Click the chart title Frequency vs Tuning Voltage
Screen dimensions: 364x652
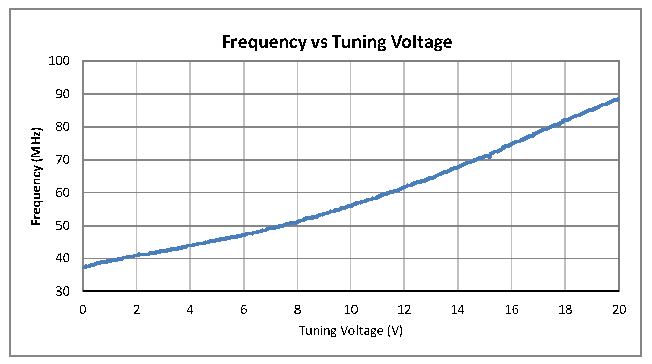[337, 42]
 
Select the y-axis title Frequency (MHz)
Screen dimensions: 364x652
[36, 176]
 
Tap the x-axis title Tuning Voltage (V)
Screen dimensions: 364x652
[350, 331]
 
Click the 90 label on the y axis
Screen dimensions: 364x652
[71, 94]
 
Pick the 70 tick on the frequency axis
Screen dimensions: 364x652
[71, 160]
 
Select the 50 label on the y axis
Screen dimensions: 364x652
[71, 226]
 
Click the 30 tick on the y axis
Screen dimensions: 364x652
[71, 292]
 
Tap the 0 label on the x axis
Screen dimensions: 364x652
[83, 309]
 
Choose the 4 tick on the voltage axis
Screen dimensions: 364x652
[190, 309]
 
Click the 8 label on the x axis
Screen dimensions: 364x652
[298, 309]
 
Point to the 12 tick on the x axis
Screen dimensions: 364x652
[404, 309]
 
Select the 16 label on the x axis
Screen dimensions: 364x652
[512, 309]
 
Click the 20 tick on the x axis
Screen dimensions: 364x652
[619, 309]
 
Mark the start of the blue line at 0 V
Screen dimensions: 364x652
[84, 267]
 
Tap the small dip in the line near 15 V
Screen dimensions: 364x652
[489, 157]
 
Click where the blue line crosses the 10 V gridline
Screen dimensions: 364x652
[351, 206]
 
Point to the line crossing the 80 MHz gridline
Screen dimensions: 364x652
[553, 126]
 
